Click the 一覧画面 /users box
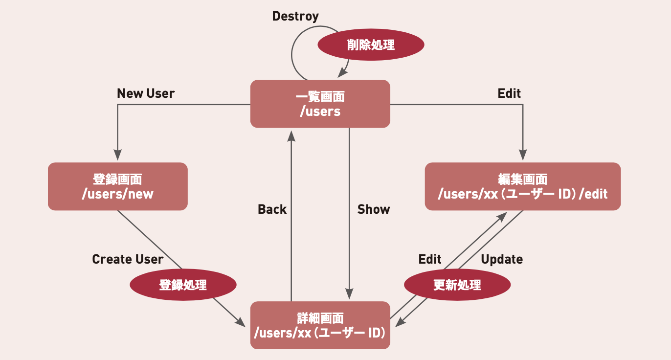point(320,104)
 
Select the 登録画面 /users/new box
point(117,186)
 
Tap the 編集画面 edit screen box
point(522,186)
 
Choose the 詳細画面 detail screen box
point(320,325)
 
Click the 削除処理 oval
point(371,45)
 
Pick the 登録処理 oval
point(183,285)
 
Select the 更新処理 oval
point(457,285)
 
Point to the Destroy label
point(295,16)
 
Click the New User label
point(146,93)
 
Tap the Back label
point(272,209)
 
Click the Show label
point(374,209)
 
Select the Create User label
point(128,259)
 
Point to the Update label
point(502,259)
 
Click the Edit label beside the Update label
point(430,259)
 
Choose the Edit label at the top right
point(509,93)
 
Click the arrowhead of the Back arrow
point(291,135)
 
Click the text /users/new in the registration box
point(117,194)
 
